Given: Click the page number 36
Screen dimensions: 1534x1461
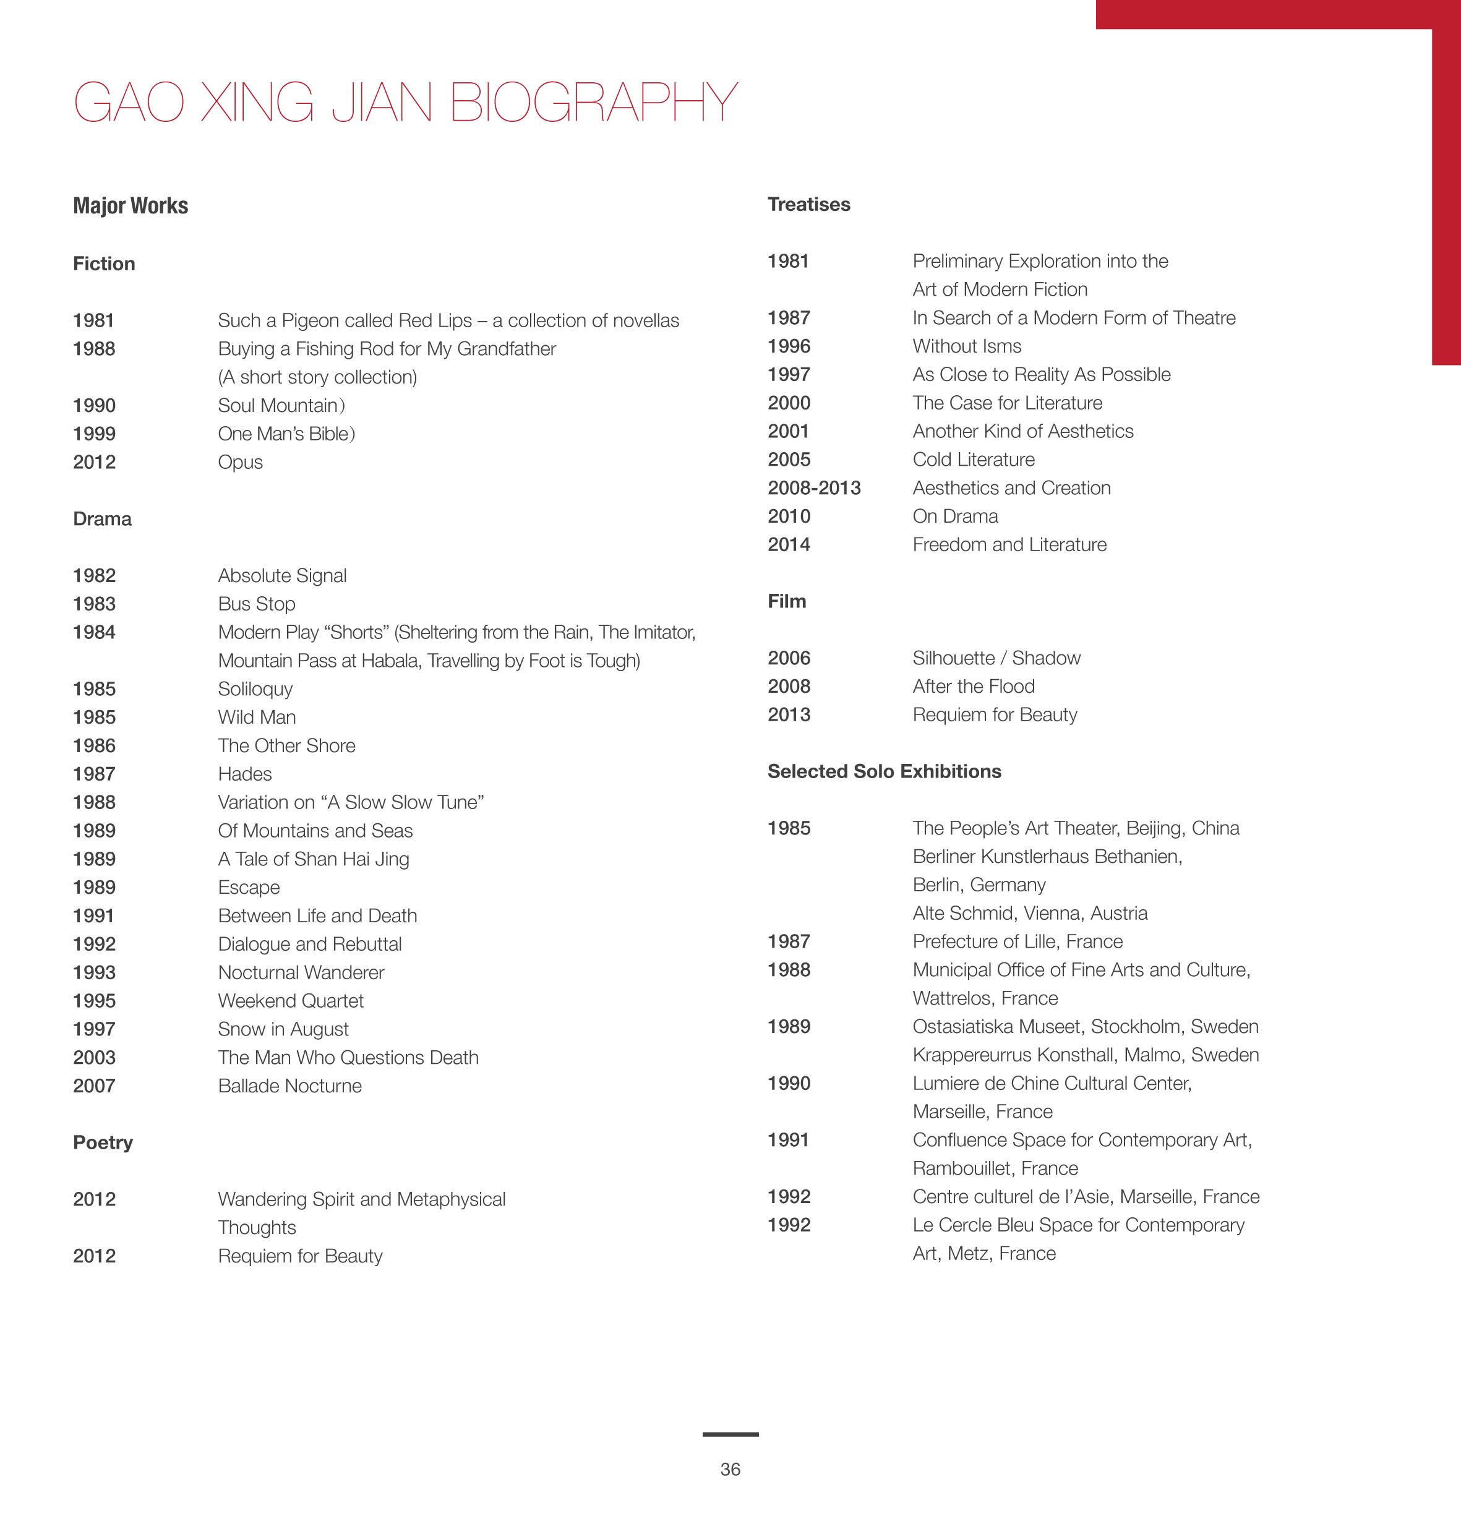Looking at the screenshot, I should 730,1470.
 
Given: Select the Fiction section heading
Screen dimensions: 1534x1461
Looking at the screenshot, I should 103,264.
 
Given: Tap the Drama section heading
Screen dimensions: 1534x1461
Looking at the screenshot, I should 102,520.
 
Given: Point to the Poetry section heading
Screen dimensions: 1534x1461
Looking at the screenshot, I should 103,1142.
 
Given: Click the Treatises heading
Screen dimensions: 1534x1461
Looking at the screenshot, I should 808,205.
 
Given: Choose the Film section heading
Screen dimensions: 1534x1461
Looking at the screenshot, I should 787,601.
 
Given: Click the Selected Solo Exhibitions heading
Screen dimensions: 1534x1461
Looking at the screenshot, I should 884,772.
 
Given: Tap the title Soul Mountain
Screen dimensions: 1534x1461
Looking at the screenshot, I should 280,406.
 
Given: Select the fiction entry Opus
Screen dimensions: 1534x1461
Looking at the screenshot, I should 240,463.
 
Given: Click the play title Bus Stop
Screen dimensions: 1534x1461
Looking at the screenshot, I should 256,604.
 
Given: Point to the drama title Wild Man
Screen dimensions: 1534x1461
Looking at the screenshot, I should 256,717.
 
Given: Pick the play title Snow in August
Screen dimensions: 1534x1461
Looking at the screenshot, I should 283,1029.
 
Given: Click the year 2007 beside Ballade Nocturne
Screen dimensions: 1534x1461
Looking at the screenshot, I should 94,1086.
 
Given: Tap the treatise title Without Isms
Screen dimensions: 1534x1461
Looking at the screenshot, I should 966,346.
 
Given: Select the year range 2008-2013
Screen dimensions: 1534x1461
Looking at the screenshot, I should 814,488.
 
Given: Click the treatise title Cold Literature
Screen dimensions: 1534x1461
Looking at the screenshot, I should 974,460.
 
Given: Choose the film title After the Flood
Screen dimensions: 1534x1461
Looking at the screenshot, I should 974,687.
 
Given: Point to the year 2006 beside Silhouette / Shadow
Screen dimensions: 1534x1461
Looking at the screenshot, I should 789,659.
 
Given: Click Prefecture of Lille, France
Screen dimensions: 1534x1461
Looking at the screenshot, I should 1017,941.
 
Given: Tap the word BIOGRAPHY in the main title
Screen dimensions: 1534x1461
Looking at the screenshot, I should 593,103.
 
